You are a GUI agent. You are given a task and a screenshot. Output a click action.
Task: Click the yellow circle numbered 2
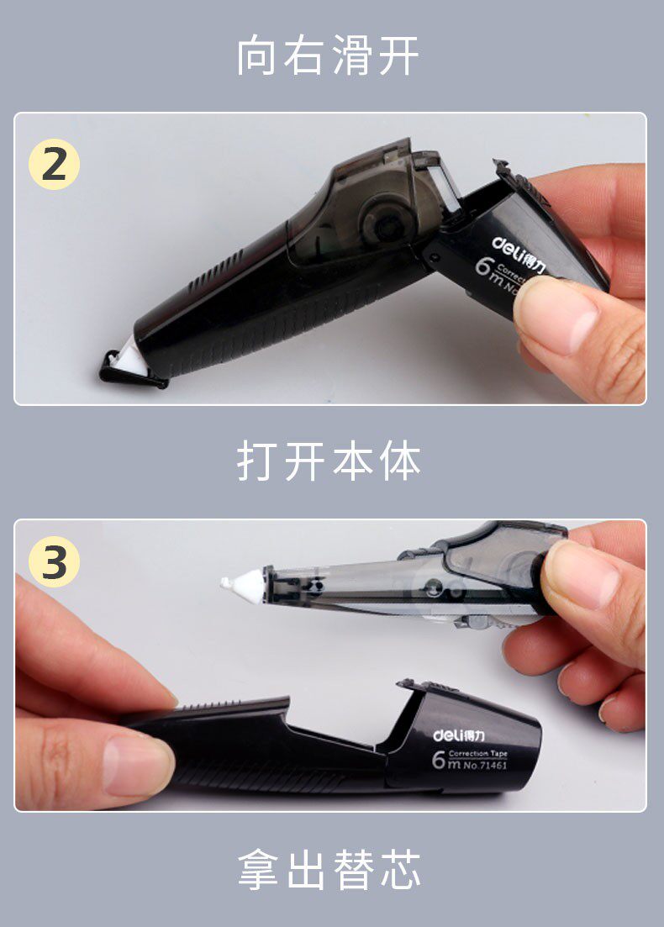tap(54, 165)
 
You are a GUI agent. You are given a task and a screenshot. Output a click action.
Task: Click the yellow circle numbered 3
tap(54, 564)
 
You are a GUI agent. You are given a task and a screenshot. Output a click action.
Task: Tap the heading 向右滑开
tap(328, 55)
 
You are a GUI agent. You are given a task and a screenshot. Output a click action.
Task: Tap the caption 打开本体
tap(328, 461)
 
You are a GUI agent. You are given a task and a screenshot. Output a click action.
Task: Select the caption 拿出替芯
tap(328, 869)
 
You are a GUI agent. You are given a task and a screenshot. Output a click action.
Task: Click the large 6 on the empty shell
tap(439, 761)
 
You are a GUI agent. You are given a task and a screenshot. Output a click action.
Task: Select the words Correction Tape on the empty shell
tap(477, 753)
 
